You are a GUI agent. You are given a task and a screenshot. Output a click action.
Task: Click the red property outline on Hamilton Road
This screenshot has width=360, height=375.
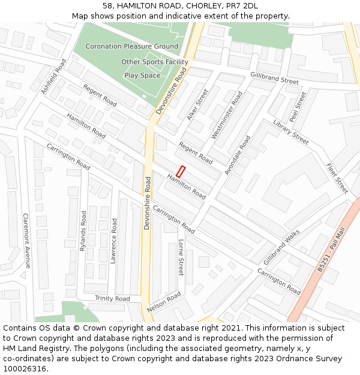[x=181, y=170]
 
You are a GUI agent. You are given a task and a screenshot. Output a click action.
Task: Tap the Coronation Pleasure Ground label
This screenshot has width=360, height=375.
[x=131, y=46]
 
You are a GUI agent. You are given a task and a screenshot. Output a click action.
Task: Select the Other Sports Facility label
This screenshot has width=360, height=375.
[x=154, y=62]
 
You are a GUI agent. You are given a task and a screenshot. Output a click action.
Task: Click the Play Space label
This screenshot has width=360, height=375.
[x=142, y=76]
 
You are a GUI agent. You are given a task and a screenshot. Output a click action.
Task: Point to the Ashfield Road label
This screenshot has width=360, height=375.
[x=54, y=76]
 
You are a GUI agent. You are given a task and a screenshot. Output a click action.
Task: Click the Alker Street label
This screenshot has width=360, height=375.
[x=197, y=104]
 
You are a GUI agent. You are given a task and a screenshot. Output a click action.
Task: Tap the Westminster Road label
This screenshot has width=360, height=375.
[x=227, y=116]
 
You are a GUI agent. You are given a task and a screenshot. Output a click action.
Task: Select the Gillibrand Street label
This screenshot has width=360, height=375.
[x=274, y=78]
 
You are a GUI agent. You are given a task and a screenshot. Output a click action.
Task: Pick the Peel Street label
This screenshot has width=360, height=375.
[x=298, y=106]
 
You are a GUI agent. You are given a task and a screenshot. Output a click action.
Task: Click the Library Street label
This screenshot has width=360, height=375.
[x=290, y=132]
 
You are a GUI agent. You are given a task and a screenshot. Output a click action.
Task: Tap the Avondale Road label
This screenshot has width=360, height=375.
[x=238, y=155]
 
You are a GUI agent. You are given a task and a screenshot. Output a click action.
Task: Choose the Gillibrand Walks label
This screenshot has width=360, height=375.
[x=281, y=247]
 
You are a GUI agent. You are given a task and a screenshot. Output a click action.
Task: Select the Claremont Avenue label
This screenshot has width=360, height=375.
[x=26, y=241]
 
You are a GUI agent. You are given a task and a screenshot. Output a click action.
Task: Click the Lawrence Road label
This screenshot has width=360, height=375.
[x=113, y=241]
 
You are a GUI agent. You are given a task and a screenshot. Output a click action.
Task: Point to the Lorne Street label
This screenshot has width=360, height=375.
[x=181, y=257]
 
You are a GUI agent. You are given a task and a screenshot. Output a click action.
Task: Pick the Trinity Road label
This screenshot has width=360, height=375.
[x=112, y=298]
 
